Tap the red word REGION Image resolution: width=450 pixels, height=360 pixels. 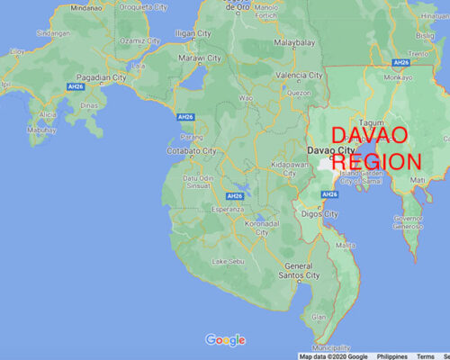[x=377, y=162]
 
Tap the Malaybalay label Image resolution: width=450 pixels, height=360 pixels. [x=296, y=40]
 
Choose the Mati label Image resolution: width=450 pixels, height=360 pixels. [x=418, y=180]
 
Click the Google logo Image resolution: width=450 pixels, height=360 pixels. [x=225, y=339]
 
